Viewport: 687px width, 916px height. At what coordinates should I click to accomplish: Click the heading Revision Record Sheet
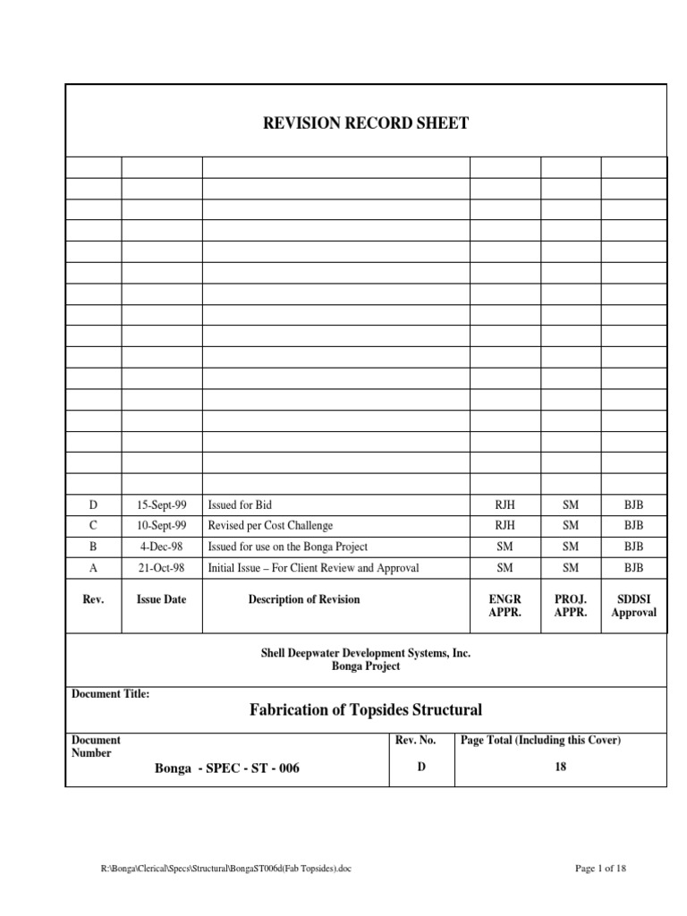tap(365, 123)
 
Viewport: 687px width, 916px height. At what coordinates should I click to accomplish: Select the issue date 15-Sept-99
tap(161, 505)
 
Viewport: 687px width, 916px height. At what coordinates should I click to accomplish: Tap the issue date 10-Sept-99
tap(161, 526)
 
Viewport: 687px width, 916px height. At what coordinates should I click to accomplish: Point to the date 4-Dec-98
tap(161, 547)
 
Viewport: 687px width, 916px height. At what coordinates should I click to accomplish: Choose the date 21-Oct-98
tap(161, 568)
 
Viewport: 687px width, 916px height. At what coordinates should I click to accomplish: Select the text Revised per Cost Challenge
tap(270, 526)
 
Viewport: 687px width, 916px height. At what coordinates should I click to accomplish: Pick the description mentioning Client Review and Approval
tap(313, 568)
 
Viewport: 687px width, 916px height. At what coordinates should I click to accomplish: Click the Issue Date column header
tap(161, 599)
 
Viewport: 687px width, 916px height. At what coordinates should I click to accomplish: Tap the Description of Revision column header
tap(304, 599)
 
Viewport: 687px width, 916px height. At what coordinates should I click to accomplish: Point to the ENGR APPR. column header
tap(505, 606)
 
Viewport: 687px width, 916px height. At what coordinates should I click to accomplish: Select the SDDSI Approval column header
tap(633, 606)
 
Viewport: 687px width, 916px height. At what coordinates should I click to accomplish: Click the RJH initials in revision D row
tap(505, 505)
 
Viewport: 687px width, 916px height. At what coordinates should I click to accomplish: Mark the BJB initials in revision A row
tap(633, 568)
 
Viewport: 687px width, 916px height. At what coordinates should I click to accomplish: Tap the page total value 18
tap(560, 767)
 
